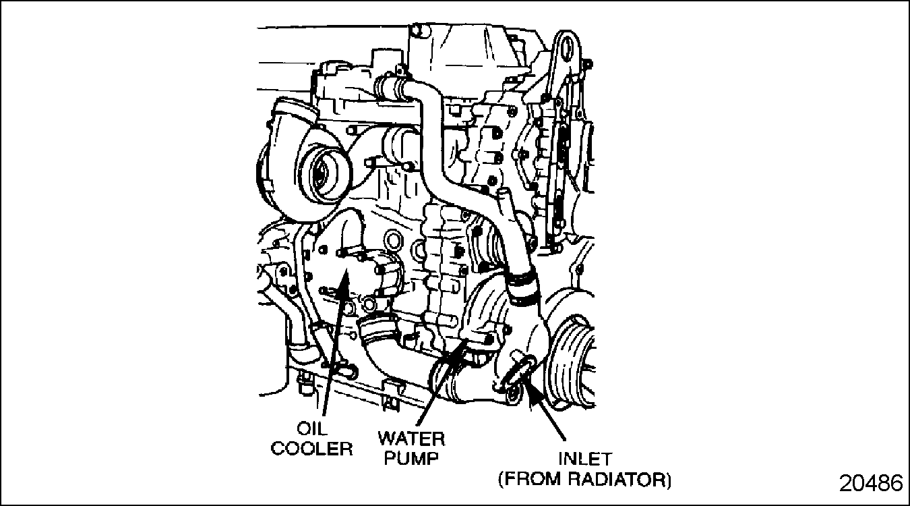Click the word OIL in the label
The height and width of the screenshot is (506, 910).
(x=311, y=428)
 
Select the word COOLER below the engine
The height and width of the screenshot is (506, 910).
(x=311, y=449)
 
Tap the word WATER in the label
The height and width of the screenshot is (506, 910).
(x=412, y=439)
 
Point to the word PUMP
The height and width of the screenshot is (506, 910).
(x=412, y=458)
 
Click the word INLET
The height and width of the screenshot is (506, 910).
(x=585, y=459)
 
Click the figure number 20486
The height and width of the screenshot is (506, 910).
(x=871, y=484)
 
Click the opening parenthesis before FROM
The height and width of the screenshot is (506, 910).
(x=501, y=480)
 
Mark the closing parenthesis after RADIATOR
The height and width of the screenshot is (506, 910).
(x=669, y=480)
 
